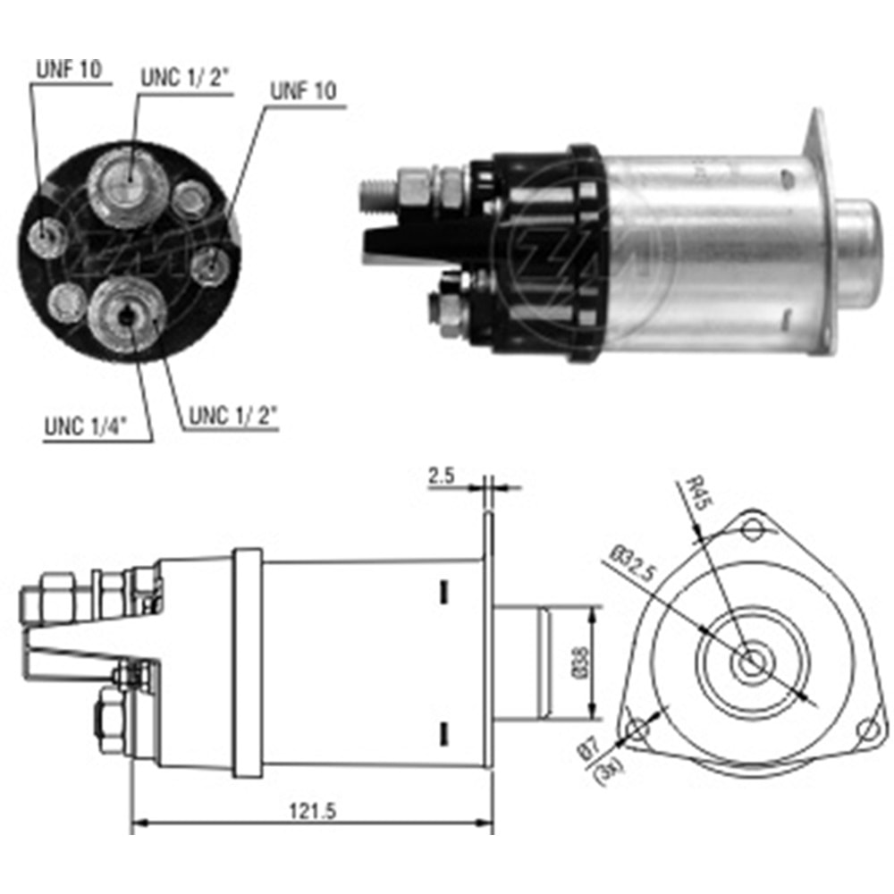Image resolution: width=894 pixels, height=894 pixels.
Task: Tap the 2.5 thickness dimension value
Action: tap(443, 477)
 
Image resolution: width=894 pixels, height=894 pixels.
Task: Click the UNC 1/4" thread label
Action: tap(85, 427)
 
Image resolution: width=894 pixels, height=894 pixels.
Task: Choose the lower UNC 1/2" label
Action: tap(232, 417)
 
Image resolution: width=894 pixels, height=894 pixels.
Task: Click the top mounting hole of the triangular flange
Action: tap(753, 530)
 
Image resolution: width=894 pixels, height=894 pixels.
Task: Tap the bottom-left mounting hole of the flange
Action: tap(636, 730)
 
